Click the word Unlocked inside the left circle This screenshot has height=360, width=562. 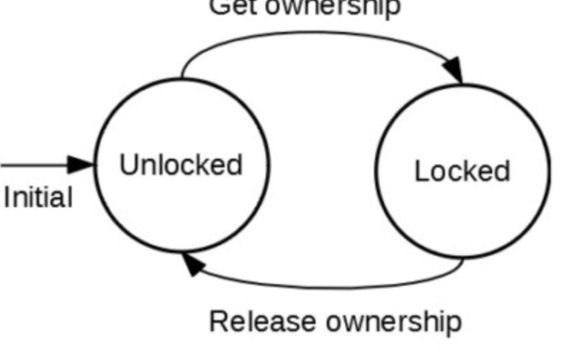pos(180,164)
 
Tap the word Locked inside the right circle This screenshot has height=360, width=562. pos(462,171)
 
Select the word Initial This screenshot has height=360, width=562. pos(38,198)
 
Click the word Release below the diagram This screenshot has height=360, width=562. pos(264,322)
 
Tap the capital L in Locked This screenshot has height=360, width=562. pos(420,171)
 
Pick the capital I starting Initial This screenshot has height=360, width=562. pos(7,198)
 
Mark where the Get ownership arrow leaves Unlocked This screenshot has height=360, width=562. pos(183,77)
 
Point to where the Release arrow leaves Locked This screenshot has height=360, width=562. pos(465,259)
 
